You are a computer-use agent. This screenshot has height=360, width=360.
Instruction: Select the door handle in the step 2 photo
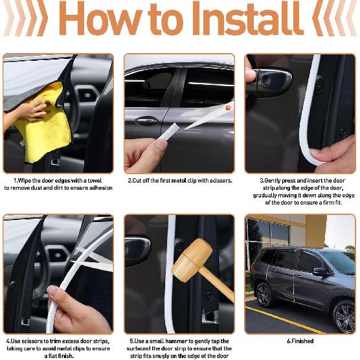(146, 120)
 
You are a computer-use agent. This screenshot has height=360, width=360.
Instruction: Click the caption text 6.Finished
(300, 341)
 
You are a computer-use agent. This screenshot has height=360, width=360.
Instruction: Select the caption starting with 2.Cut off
(179, 181)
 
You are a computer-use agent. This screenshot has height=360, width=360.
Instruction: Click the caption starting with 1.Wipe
(58, 184)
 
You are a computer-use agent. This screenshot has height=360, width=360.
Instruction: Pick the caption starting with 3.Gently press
(302, 192)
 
